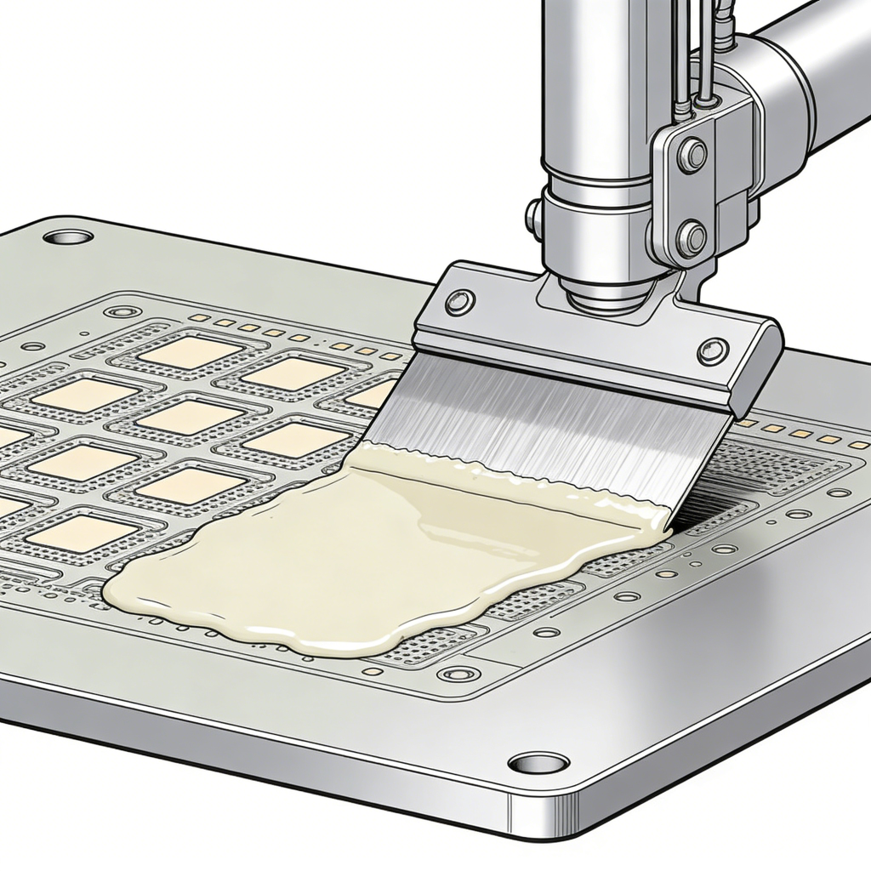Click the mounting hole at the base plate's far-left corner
68,236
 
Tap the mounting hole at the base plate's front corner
538,763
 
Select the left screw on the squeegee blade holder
460,301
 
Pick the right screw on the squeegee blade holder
712,350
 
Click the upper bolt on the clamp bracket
692,156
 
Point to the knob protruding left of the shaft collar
533,215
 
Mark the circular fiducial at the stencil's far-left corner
122,311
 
